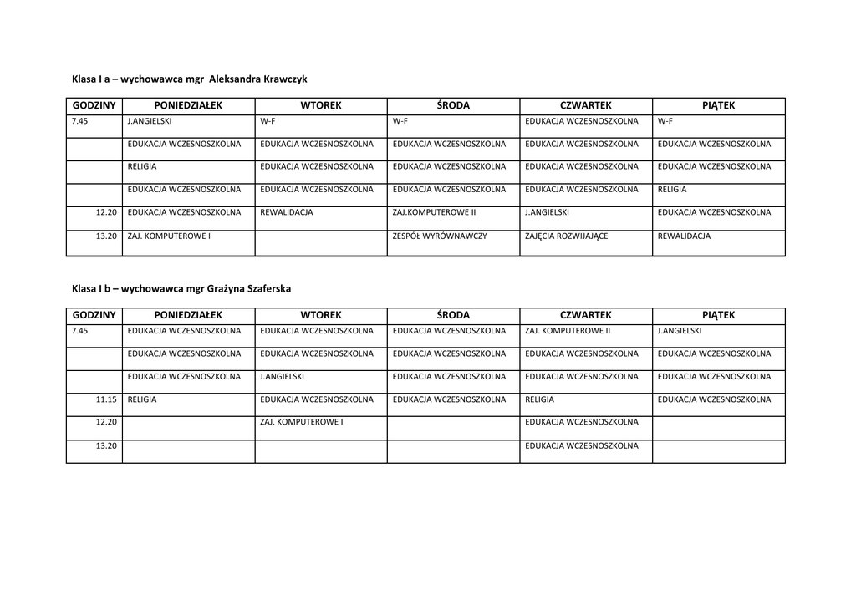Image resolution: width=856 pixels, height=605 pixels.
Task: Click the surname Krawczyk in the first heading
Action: coord(286,79)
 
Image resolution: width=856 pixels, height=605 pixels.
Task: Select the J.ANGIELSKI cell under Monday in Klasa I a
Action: coord(150,121)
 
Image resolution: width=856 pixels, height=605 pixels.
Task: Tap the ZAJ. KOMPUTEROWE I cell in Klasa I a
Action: coord(169,236)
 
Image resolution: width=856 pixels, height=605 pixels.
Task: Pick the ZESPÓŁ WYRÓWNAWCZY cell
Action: coord(440,236)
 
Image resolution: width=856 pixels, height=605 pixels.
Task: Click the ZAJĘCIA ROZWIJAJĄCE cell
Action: coord(567,236)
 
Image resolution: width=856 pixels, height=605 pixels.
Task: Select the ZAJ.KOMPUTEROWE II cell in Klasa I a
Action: coord(434,212)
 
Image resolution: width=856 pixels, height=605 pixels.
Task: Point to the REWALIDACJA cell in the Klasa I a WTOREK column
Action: coord(287,212)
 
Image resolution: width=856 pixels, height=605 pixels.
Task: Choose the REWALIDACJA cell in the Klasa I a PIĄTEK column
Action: coord(684,236)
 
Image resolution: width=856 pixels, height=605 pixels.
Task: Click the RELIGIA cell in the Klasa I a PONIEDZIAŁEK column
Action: coord(142,166)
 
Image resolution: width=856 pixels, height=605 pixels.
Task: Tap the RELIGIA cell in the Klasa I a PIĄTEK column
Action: coord(672,190)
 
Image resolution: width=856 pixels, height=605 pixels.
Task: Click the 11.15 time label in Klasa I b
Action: coord(106,399)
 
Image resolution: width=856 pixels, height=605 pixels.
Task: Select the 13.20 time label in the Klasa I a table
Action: coord(106,236)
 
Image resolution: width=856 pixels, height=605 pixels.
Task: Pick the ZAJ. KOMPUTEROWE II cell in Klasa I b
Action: coord(568,331)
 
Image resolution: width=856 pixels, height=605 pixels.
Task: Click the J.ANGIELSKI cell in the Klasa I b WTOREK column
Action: coord(282,376)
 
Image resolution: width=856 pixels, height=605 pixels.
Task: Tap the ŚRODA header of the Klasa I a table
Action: coord(453,105)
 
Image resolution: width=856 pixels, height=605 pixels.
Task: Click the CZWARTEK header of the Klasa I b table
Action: coord(585,315)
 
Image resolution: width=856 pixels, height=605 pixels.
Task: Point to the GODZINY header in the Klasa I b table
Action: coord(94,315)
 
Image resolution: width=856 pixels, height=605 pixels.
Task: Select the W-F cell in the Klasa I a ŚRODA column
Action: coord(400,121)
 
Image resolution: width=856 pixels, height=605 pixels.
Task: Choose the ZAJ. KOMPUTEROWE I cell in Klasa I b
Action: coord(302,422)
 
